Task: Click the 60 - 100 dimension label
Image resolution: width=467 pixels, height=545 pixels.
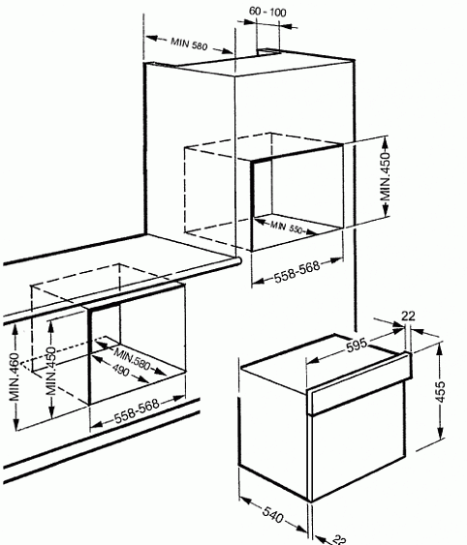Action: tap(267, 12)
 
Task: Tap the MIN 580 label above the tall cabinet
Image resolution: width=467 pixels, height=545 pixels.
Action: tap(189, 44)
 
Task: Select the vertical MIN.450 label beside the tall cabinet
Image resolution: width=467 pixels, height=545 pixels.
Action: tap(386, 176)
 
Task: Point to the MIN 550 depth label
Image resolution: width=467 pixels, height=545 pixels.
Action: tap(287, 227)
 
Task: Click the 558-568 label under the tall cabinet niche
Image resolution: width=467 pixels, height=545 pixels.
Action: tap(296, 271)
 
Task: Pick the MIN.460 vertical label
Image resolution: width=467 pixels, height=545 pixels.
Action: tap(15, 377)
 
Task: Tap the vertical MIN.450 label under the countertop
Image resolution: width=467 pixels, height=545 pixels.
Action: tap(50, 371)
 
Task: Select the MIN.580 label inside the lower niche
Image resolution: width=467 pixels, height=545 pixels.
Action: tap(132, 359)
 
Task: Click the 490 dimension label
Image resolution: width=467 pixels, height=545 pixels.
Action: tap(120, 370)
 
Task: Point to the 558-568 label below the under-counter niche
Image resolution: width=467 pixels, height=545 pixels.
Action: tap(137, 411)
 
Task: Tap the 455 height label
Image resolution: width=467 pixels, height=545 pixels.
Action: tap(440, 391)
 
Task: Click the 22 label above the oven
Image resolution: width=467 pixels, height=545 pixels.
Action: tap(409, 316)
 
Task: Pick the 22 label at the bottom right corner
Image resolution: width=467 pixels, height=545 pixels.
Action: tap(338, 539)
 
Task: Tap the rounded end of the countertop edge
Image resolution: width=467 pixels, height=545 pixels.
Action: tap(239, 261)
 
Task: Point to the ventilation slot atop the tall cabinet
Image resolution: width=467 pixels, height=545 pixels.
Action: tap(268, 51)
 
